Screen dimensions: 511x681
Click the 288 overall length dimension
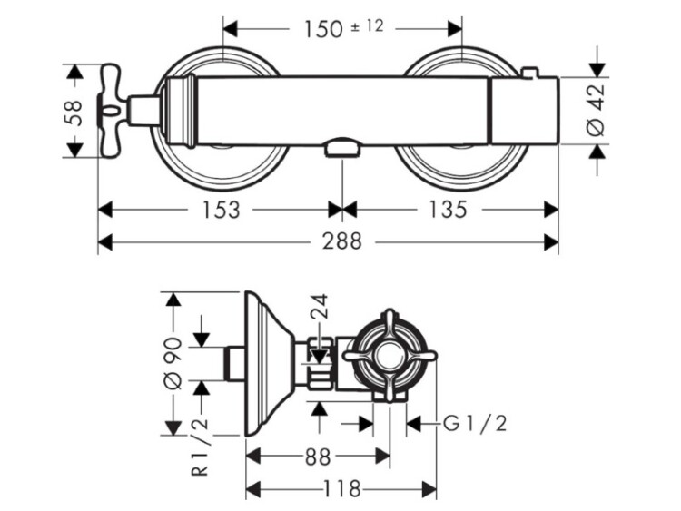[x=341, y=242]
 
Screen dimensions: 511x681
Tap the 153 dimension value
[x=220, y=211]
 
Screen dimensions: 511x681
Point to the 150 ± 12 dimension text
[x=342, y=27]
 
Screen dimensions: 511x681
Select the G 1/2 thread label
[x=474, y=424]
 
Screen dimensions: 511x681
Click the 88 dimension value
[x=317, y=458]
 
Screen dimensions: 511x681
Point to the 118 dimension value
[x=342, y=489]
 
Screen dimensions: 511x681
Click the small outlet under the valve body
[x=340, y=148]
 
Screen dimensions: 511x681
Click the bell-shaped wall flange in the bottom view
[x=269, y=363]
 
